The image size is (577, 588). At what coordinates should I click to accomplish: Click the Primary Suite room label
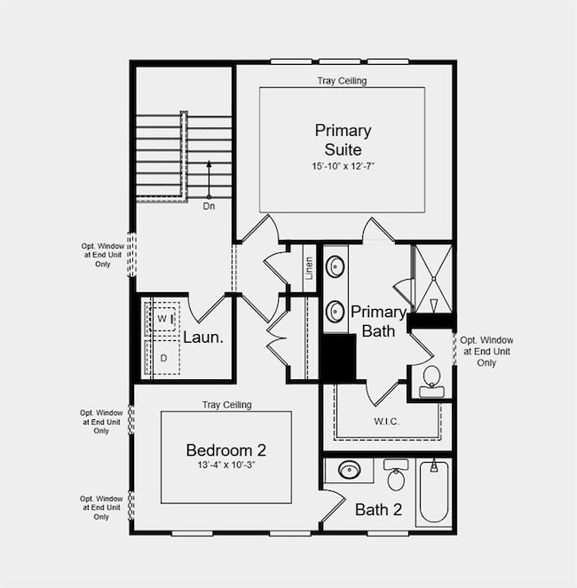(x=343, y=139)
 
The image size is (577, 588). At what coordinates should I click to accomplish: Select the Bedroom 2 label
(x=225, y=449)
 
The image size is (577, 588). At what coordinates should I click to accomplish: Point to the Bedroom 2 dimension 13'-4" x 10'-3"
(x=225, y=465)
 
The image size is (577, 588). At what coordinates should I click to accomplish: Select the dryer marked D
(x=162, y=358)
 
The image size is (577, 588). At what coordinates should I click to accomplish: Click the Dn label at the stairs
(x=209, y=206)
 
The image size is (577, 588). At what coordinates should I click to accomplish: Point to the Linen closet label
(x=309, y=266)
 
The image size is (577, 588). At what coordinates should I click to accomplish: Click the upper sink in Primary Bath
(x=336, y=266)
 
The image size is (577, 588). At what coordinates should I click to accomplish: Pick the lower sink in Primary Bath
(x=336, y=312)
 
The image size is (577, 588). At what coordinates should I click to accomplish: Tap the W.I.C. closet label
(x=386, y=420)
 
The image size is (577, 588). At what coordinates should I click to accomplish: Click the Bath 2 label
(x=379, y=510)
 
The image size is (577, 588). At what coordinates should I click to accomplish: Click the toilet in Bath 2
(x=396, y=477)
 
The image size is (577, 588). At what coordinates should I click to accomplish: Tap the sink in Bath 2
(x=349, y=470)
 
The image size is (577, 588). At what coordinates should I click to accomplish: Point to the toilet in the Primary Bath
(x=431, y=376)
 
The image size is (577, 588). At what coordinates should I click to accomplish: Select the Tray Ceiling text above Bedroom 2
(x=226, y=405)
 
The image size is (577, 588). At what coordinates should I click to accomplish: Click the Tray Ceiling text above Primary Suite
(x=342, y=81)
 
